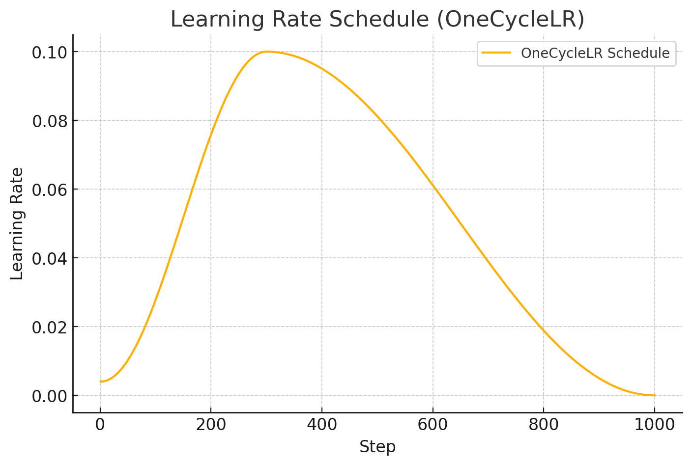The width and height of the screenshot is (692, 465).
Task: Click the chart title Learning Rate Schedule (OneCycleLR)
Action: [377, 20]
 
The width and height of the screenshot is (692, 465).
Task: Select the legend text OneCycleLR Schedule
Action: [595, 53]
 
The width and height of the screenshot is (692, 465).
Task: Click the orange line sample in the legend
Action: [496, 53]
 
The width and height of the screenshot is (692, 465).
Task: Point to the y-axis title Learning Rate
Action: [17, 223]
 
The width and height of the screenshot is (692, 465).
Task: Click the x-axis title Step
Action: [377, 447]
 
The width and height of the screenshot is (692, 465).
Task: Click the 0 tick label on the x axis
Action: [100, 425]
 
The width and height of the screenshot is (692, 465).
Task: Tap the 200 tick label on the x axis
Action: [211, 425]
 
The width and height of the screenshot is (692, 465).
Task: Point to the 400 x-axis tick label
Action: [322, 425]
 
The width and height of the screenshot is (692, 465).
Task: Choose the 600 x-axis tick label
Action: [432, 425]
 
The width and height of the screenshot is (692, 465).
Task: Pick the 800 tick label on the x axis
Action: [544, 425]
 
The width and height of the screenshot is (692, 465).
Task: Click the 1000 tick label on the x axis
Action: [654, 425]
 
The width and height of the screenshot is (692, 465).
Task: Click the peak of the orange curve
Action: [266, 52]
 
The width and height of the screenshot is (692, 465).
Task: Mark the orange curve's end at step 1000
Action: [654, 395]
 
